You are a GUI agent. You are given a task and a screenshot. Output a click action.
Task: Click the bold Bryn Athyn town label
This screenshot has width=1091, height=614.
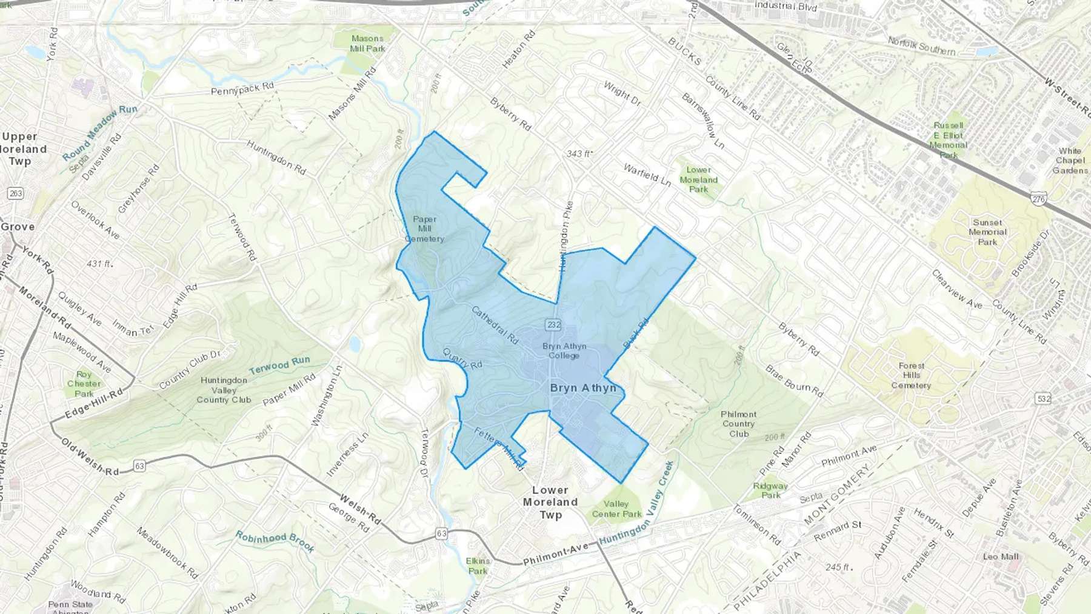click(x=583, y=388)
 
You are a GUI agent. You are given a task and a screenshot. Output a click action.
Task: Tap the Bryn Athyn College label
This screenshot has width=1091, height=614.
click(x=564, y=351)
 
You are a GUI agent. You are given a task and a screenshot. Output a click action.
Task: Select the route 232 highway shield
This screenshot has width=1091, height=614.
click(x=553, y=325)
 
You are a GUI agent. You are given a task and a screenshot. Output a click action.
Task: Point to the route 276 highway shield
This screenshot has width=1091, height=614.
click(x=1038, y=199)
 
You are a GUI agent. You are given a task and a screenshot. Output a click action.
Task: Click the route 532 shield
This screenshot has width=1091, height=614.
click(x=1043, y=399)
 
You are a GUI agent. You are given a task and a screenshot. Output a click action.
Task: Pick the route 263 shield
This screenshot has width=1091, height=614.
click(x=15, y=193)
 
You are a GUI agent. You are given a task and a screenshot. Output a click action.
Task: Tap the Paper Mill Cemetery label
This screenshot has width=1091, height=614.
click(x=424, y=229)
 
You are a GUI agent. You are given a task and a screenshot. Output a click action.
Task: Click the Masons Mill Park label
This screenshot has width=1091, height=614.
click(x=367, y=44)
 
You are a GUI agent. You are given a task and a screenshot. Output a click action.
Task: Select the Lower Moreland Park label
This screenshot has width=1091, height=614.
click(x=698, y=179)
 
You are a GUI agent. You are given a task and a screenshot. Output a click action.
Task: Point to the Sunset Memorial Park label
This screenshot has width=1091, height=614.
click(x=987, y=232)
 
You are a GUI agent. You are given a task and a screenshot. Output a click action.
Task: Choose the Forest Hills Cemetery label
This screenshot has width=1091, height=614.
click(x=911, y=376)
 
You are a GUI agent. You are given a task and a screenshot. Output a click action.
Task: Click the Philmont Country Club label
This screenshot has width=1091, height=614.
click(x=739, y=424)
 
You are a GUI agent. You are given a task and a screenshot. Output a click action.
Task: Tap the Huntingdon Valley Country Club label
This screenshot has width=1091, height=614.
click(x=224, y=390)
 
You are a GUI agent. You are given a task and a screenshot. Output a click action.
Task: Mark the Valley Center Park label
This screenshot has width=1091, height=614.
click(x=616, y=509)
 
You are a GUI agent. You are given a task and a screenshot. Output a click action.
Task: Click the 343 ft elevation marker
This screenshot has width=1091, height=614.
click(x=579, y=154)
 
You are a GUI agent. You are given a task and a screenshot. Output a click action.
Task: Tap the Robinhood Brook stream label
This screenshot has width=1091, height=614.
click(x=275, y=542)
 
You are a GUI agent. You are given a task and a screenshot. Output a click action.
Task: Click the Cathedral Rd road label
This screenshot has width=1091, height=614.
click(x=495, y=325)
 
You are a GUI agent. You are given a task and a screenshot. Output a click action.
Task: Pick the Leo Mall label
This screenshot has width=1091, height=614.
click(x=1001, y=556)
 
